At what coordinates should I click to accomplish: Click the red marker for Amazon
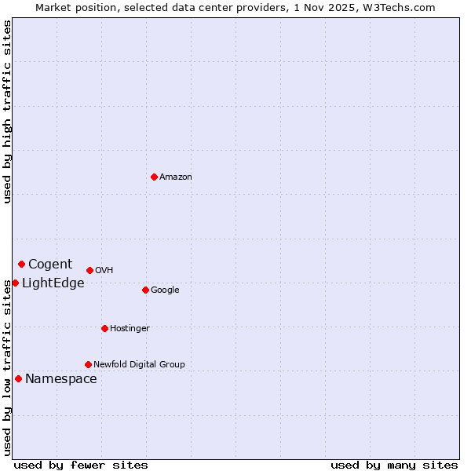(154, 177)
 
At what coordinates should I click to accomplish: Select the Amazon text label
(176, 177)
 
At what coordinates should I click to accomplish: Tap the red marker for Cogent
(21, 264)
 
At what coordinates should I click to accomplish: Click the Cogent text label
(50, 265)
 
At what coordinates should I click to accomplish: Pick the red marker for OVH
(89, 270)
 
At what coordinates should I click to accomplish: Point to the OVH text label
(104, 271)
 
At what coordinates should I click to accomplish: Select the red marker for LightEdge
(15, 283)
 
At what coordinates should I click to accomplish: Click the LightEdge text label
(53, 283)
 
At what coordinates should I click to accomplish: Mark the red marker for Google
(145, 290)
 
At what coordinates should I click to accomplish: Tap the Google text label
(165, 290)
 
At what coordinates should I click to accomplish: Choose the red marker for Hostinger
(104, 328)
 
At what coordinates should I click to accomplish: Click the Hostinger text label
(130, 329)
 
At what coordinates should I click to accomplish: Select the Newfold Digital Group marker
(88, 364)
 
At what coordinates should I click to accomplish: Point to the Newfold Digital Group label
(139, 365)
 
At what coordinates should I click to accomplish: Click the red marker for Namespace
(18, 378)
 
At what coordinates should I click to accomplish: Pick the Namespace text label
(61, 379)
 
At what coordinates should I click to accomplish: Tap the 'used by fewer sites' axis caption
(81, 465)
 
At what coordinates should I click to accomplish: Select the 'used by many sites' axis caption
(394, 465)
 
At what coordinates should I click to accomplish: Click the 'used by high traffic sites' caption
(7, 111)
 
